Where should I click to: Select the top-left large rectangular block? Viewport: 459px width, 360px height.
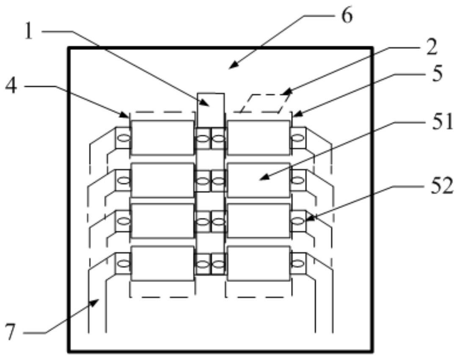pyautogui.click(x=163, y=137)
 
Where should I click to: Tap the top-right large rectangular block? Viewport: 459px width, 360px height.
pyautogui.click(x=259, y=137)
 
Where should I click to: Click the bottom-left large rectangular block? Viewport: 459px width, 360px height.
pyautogui.click(x=163, y=264)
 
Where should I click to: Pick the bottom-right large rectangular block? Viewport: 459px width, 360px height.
pyautogui.click(x=259, y=264)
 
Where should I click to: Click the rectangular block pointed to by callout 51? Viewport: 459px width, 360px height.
pyautogui.click(x=259, y=179)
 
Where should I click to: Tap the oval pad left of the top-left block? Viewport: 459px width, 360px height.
pyautogui.click(x=124, y=138)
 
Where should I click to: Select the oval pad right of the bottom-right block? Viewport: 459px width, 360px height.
pyautogui.click(x=298, y=264)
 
